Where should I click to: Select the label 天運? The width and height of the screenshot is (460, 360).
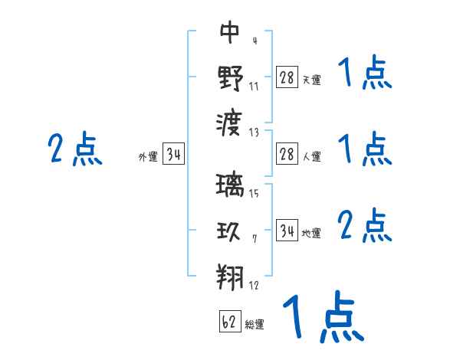[311, 80]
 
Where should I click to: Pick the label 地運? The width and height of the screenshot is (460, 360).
[311, 233]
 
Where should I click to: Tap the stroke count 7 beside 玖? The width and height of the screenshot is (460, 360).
[254, 239]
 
